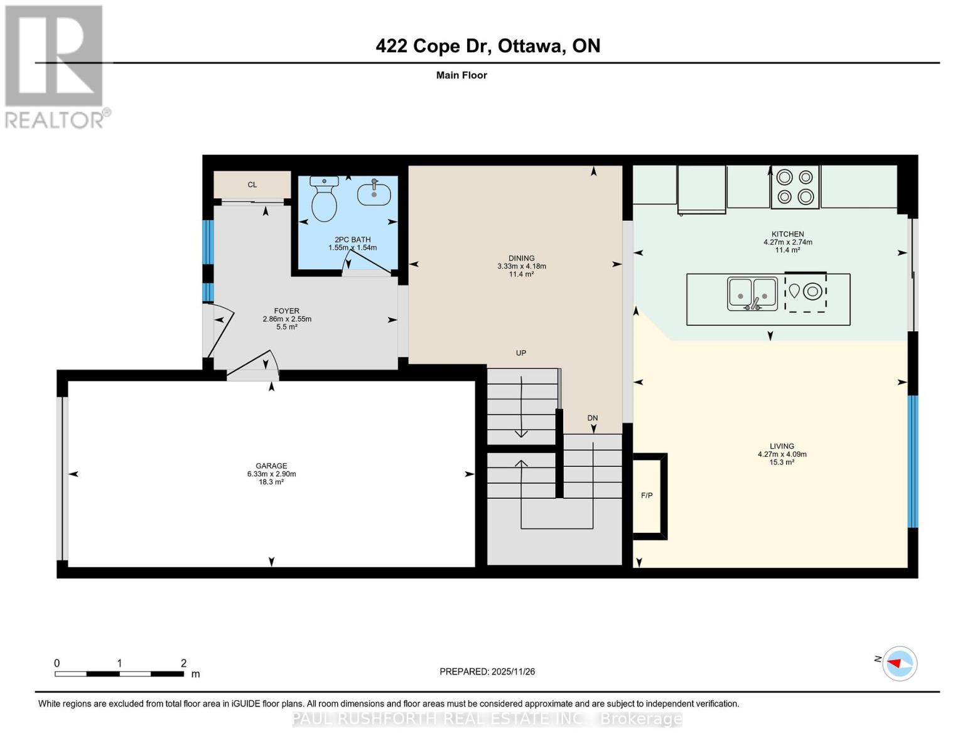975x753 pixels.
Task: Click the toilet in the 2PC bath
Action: click(324, 200)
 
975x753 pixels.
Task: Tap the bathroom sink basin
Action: click(374, 194)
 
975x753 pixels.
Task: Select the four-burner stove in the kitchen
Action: click(795, 187)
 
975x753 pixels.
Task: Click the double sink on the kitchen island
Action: click(752, 293)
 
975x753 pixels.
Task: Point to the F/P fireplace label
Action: click(647, 496)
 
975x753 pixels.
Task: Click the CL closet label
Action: click(252, 184)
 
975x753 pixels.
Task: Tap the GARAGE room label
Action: click(271, 466)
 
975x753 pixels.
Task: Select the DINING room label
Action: click(521, 258)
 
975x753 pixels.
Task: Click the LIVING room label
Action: click(782, 446)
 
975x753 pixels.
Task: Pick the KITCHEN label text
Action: click(787, 234)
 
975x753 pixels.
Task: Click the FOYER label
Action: click(286, 311)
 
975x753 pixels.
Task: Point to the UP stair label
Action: click(520, 353)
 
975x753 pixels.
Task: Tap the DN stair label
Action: click(592, 418)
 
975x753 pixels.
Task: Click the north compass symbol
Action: click(899, 663)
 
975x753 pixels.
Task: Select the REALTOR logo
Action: click(55, 66)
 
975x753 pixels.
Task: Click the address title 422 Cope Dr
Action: click(487, 46)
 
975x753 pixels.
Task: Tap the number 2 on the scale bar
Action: click(183, 663)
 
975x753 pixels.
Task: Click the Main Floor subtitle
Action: click(461, 75)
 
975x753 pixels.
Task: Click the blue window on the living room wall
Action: click(913, 461)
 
